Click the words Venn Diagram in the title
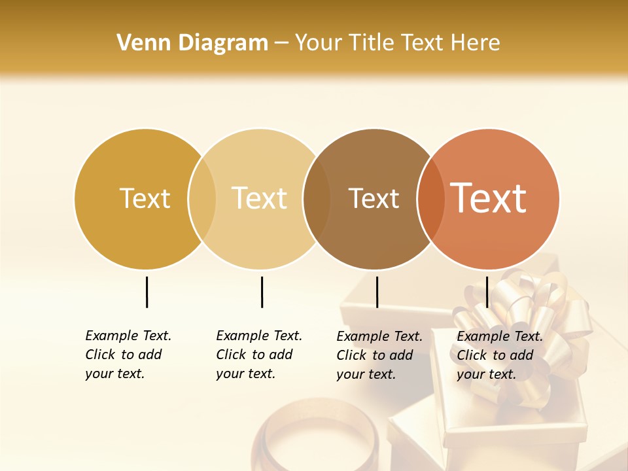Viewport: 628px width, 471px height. click(192, 43)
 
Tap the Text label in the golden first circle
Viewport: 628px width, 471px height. click(145, 198)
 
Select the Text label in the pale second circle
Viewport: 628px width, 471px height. click(260, 198)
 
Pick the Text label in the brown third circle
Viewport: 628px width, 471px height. click(374, 198)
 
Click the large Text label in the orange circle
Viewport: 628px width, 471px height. click(489, 198)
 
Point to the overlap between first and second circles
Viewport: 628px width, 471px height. click(202, 198)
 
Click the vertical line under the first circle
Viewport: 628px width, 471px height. click(147, 292)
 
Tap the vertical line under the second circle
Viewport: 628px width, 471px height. click(262, 292)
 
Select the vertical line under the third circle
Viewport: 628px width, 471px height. click(377, 292)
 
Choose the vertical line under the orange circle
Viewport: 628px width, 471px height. click(487, 292)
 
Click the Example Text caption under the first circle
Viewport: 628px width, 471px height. click(128, 355)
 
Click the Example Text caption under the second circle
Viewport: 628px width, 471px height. click(258, 355)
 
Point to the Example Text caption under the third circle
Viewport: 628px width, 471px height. click(379, 355)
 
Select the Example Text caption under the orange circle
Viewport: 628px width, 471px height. click(499, 355)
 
